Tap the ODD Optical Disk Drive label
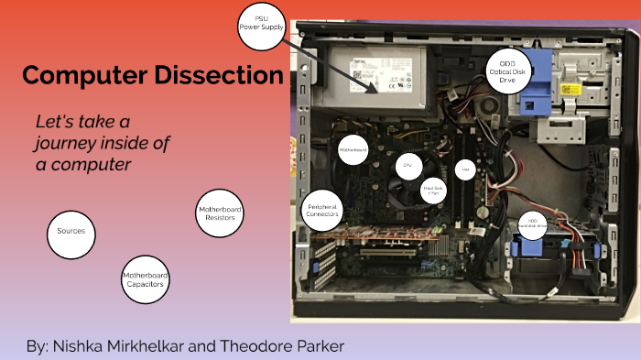tap(508, 70)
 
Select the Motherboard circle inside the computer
tap(353, 149)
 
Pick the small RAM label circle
tap(465, 169)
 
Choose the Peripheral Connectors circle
tap(324, 210)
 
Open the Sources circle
tap(71, 231)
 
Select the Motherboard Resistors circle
tap(220, 214)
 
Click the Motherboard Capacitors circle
tap(145, 280)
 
